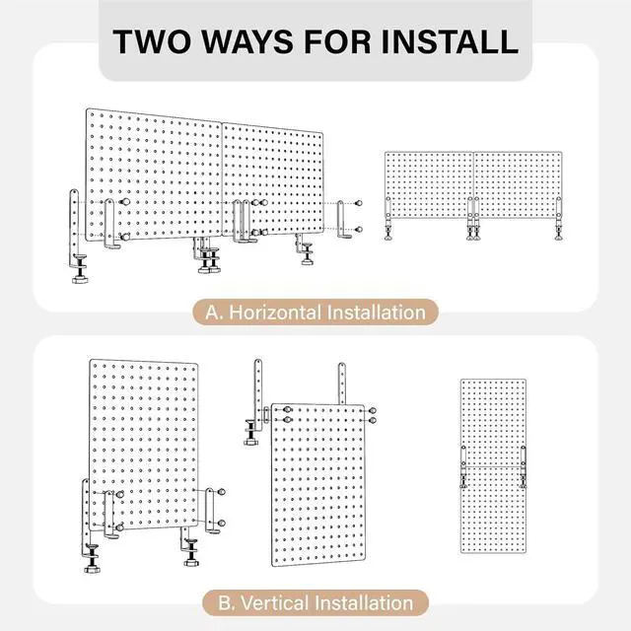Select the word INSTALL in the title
450,41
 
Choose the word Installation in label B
364,602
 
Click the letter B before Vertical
226,602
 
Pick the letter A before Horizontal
214,313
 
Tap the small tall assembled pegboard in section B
493,466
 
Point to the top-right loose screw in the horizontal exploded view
358,203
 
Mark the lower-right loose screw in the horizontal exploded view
358,230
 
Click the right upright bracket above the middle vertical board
342,384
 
